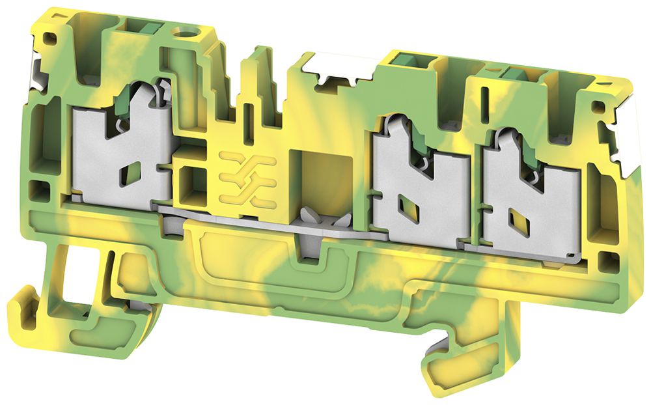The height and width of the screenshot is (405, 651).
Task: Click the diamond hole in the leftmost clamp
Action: pos(131,173)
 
